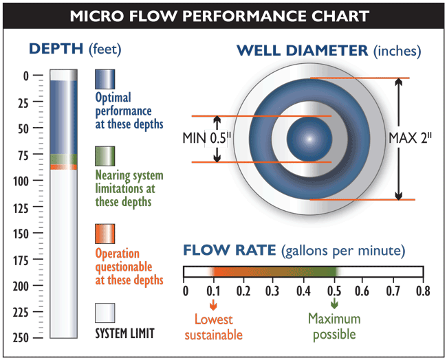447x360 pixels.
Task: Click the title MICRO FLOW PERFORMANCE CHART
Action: tap(223, 14)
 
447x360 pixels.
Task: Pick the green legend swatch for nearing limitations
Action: tap(105, 156)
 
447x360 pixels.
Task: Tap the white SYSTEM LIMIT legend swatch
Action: tap(105, 313)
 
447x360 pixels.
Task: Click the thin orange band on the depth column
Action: tap(64, 167)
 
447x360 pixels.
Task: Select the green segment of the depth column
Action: tap(64, 159)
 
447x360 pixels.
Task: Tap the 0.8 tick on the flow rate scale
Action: tap(422, 291)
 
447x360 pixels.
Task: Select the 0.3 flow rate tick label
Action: tap(272, 291)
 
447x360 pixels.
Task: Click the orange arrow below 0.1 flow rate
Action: tap(213, 303)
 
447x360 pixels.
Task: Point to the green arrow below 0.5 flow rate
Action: tap(334, 303)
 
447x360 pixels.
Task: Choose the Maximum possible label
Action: tap(335, 326)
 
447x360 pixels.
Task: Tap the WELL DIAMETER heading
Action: tap(329, 50)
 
